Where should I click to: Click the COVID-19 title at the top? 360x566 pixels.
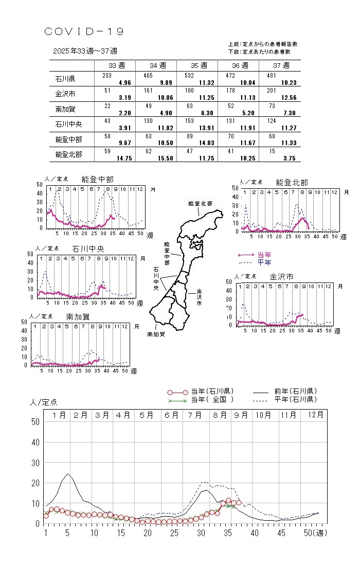click(x=84, y=32)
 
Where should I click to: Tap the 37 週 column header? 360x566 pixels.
click(x=281, y=65)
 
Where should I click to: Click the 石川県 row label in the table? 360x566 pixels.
click(x=65, y=79)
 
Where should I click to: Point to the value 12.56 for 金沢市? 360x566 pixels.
click(x=288, y=98)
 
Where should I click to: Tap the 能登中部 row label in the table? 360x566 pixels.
click(x=68, y=139)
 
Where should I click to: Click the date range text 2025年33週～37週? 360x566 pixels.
click(x=85, y=51)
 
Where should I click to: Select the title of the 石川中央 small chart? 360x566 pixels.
click(x=88, y=248)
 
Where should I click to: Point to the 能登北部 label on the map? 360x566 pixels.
click(x=201, y=204)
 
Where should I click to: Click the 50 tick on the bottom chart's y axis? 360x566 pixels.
click(x=36, y=421)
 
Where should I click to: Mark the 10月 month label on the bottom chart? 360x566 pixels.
click(x=263, y=415)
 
